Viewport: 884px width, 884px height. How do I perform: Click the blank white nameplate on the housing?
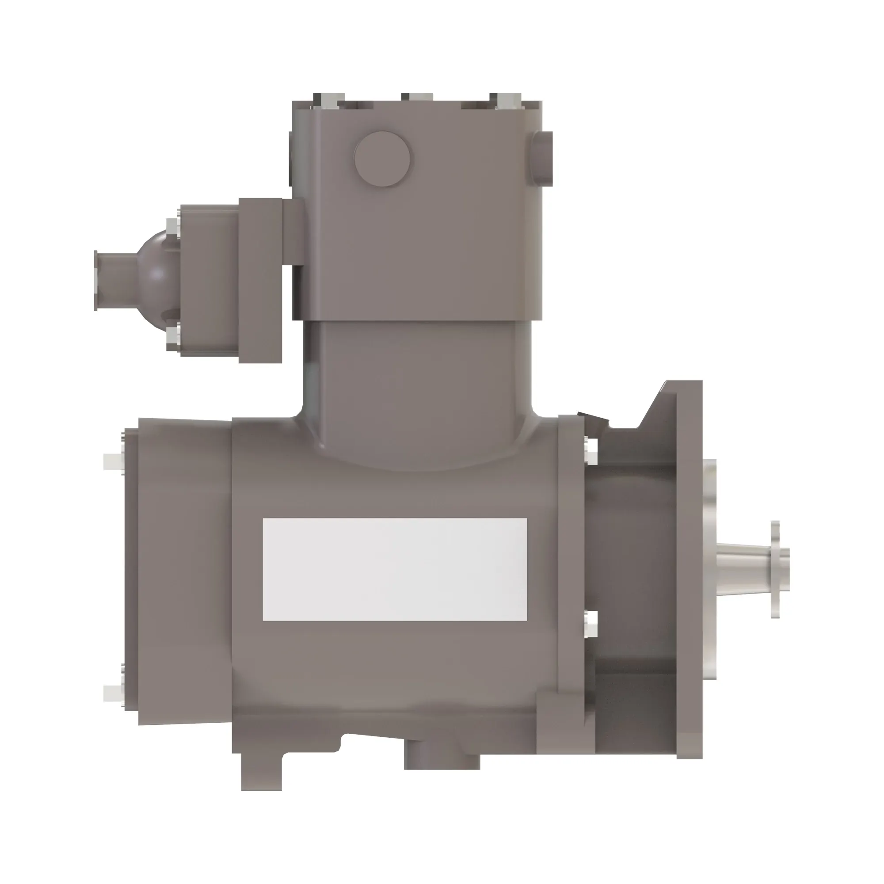[394, 569]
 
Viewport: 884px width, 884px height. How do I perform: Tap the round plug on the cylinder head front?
[382, 159]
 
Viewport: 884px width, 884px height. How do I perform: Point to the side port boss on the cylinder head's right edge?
[543, 158]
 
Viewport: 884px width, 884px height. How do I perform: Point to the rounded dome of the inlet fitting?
[158, 274]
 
